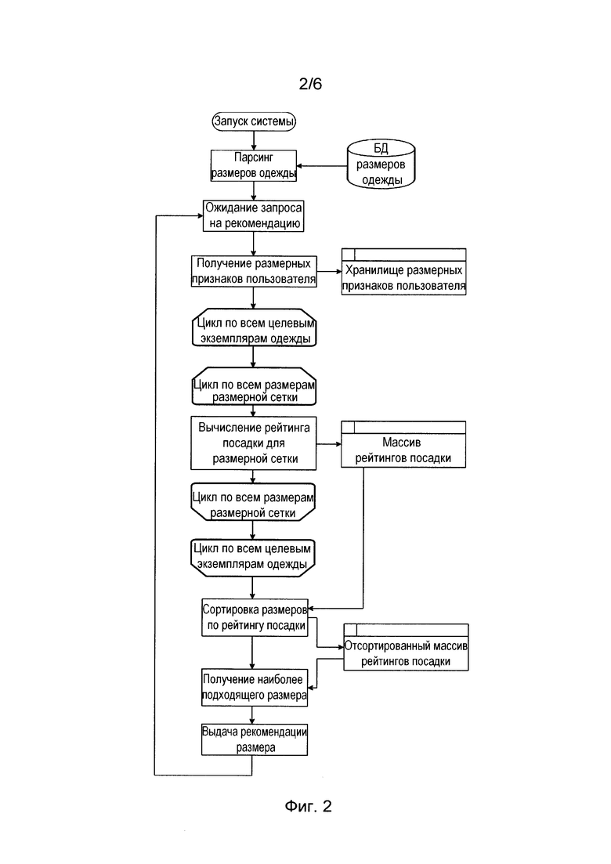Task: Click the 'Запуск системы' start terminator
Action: [x=254, y=121]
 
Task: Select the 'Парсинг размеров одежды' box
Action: [x=254, y=165]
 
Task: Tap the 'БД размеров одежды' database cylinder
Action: [x=381, y=164]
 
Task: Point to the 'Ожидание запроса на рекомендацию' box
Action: [x=254, y=215]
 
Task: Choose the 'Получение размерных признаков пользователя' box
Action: [x=254, y=271]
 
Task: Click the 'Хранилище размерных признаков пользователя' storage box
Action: [x=404, y=272]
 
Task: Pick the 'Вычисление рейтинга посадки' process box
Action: [x=254, y=443]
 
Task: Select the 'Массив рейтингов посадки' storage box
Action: [x=403, y=445]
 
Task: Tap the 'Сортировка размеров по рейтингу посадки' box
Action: [x=255, y=618]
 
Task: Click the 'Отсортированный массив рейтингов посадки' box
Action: [x=406, y=648]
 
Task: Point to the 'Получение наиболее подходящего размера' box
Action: [x=254, y=687]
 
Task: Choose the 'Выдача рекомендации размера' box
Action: [x=254, y=739]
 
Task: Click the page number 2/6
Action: [x=310, y=84]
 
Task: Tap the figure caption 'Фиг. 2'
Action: [x=308, y=806]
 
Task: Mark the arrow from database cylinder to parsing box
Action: [x=322, y=166]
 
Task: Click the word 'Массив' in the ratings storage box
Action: [x=402, y=443]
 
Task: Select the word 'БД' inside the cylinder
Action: [x=381, y=148]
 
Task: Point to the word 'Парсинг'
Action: [x=254, y=157]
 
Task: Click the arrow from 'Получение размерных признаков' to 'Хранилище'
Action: [x=330, y=272]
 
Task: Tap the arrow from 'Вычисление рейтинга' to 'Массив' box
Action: [x=329, y=444]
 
